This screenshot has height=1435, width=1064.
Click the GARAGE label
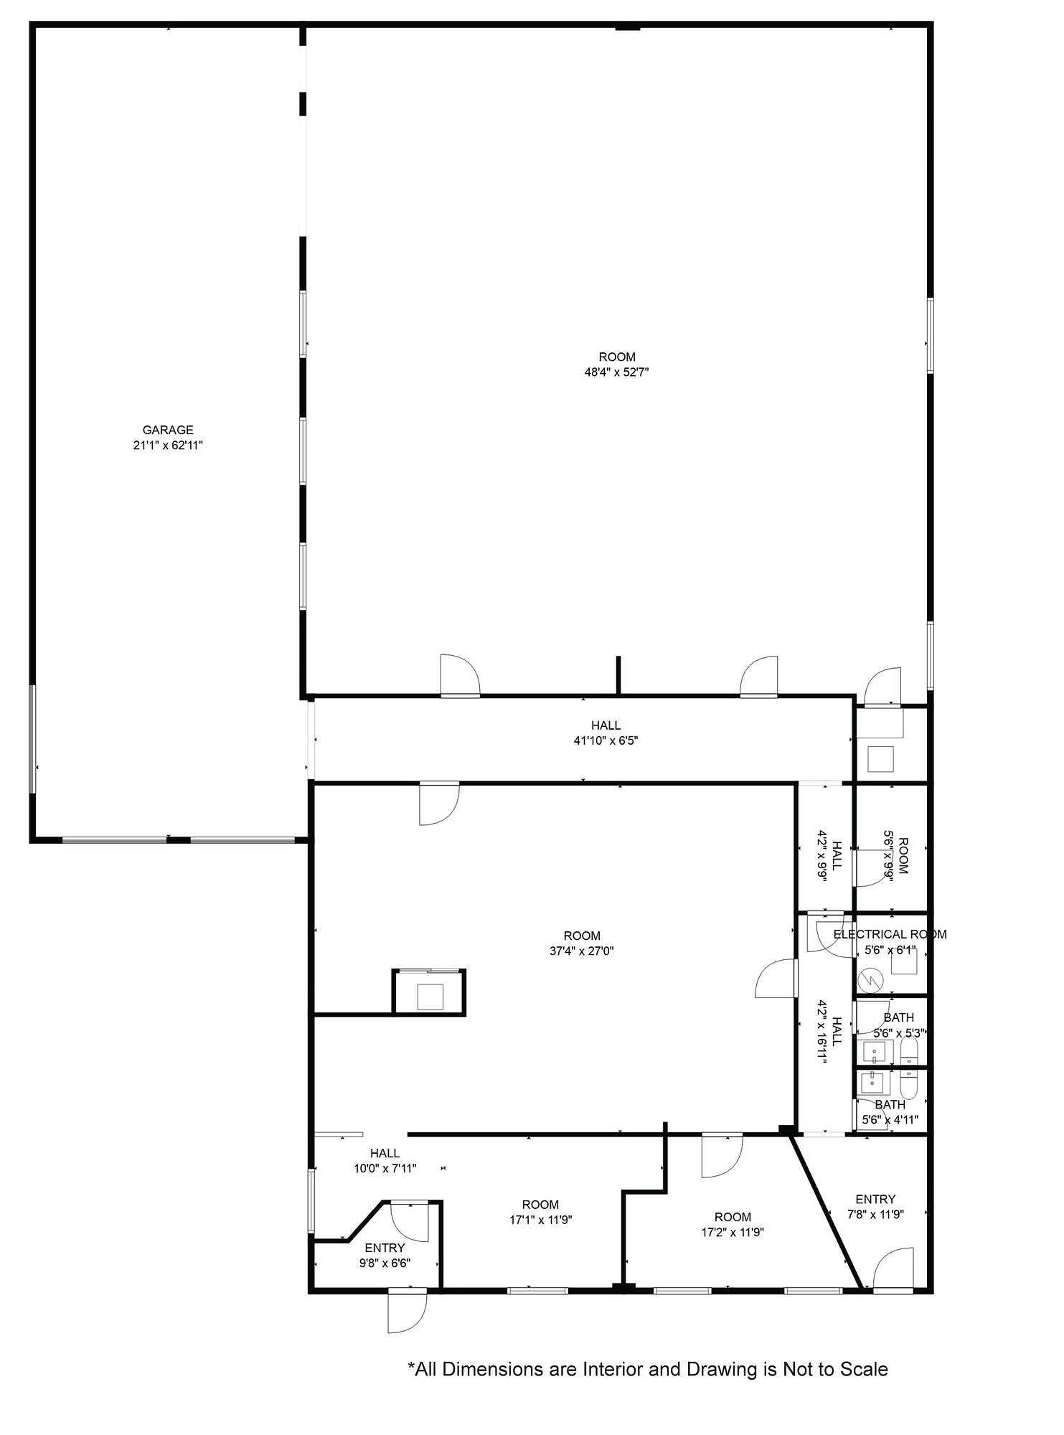(x=168, y=430)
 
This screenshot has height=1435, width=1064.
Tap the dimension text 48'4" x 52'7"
(x=617, y=372)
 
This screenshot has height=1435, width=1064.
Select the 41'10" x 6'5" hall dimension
(x=606, y=740)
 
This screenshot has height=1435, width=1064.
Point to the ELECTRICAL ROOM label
(x=890, y=934)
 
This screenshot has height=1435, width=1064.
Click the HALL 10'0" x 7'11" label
(x=385, y=1161)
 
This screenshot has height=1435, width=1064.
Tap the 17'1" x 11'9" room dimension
(x=540, y=1220)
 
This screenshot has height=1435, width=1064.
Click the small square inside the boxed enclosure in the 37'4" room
(x=430, y=997)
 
